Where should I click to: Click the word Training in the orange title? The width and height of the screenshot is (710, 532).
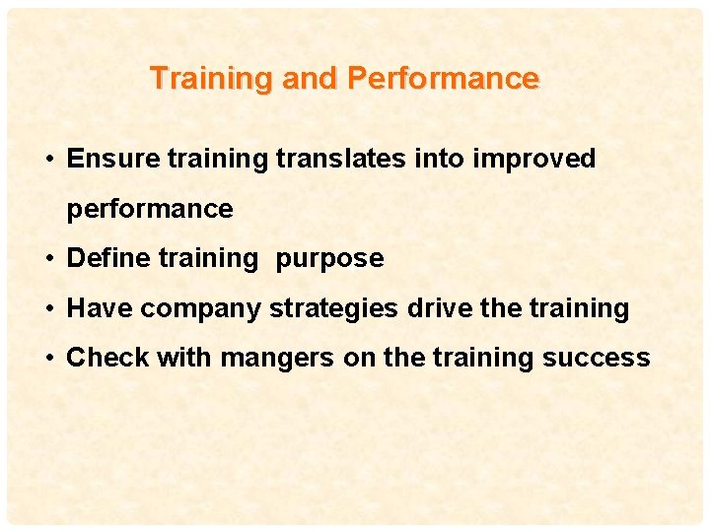[x=212, y=78]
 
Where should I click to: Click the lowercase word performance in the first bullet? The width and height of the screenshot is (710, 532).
[x=150, y=210]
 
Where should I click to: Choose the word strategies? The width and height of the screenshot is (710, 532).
[x=333, y=309]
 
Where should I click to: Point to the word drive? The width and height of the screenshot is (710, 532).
[x=440, y=308]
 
